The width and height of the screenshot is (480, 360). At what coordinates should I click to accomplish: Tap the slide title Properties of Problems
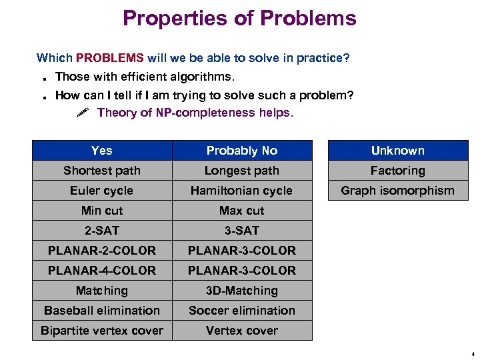click(239, 18)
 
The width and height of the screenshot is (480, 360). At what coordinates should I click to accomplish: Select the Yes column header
click(102, 151)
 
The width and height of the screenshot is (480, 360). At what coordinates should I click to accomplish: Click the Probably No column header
click(241, 151)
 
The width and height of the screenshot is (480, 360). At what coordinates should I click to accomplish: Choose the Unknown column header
click(397, 151)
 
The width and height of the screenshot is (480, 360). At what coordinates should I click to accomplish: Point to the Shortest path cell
click(102, 171)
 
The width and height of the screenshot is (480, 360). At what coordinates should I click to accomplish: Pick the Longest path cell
click(241, 171)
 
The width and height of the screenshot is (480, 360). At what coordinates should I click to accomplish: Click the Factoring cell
click(397, 171)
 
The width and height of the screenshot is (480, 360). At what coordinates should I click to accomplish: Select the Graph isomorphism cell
click(397, 191)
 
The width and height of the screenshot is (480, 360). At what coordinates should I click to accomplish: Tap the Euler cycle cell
click(102, 191)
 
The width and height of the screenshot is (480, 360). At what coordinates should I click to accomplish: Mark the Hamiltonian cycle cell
click(241, 191)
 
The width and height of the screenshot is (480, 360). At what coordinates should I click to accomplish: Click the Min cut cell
click(102, 211)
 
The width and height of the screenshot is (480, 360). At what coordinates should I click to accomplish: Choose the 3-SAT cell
click(241, 231)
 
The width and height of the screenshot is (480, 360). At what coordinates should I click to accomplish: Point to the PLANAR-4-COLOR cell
click(102, 271)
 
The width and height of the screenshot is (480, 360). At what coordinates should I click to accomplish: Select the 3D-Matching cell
click(241, 291)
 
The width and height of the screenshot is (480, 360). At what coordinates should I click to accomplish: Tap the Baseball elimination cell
click(102, 311)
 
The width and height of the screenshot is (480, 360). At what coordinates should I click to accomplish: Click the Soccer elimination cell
click(241, 311)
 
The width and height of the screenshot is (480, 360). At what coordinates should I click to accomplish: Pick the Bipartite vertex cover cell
click(102, 331)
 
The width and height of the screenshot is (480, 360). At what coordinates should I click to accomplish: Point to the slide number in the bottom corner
click(472, 354)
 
